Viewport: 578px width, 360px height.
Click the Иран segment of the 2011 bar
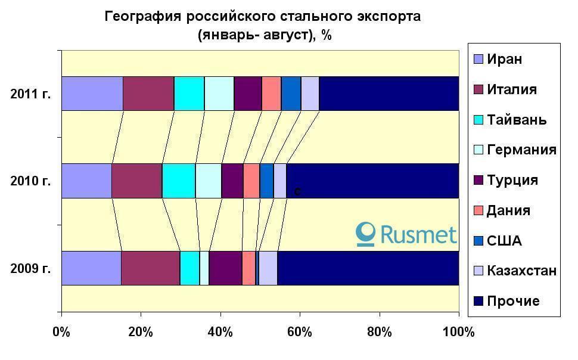[92, 94]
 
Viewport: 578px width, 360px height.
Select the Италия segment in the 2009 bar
[150, 268]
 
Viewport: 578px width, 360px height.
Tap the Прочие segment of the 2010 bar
[372, 181]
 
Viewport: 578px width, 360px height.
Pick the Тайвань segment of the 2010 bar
[179, 181]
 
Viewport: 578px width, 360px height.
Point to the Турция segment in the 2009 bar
[225, 268]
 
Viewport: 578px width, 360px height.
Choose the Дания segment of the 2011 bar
[271, 94]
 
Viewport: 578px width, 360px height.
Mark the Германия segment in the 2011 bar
[219, 94]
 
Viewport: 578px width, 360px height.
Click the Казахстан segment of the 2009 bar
[268, 268]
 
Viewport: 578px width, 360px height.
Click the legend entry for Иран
[504, 59]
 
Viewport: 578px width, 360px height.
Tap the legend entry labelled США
[504, 241]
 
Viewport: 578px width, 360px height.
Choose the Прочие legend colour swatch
[478, 301]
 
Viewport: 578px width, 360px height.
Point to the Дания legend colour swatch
[478, 210]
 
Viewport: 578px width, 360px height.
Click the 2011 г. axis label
[30, 94]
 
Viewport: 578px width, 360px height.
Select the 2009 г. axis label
[30, 268]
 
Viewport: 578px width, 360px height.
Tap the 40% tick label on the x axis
[220, 332]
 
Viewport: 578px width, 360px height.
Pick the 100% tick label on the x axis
[458, 332]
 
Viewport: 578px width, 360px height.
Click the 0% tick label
[61, 332]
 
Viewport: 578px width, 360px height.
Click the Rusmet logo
[406, 234]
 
